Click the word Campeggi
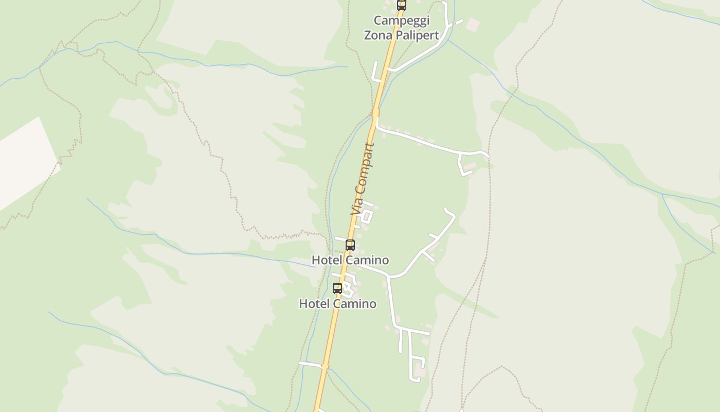tap(401, 21)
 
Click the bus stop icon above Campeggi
tap(402, 5)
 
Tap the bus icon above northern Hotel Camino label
tap(350, 245)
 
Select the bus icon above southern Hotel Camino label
tap(337, 288)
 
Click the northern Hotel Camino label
tap(350, 260)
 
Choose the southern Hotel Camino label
tap(337, 304)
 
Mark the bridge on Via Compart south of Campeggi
tap(376, 112)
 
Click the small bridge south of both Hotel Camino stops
tap(325, 366)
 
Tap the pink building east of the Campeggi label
tap(473, 24)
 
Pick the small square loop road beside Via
tap(367, 216)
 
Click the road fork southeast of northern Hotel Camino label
tap(390, 277)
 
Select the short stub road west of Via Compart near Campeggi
tap(375, 72)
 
